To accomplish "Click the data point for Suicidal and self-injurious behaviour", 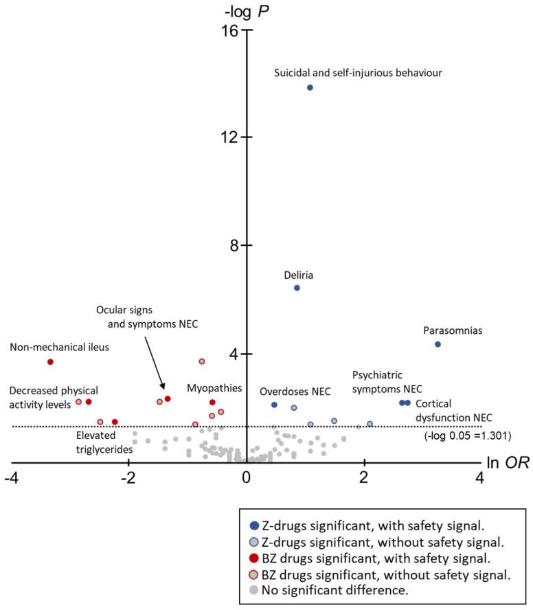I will pos(310,87).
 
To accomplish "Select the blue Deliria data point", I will pos(297,288).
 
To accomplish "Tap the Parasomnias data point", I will pos(438,344).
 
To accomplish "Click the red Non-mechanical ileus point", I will pos(50,362).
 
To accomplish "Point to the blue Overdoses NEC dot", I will pos(274,405).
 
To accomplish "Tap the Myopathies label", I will pos(214,388).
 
